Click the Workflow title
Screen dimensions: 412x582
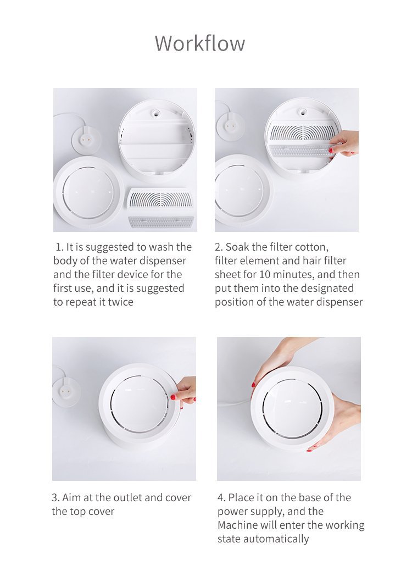coord(200,43)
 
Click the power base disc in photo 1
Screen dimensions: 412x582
coord(86,141)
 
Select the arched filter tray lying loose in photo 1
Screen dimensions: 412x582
coord(160,201)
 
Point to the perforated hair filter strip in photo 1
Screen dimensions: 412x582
coord(161,221)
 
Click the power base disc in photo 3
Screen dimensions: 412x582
coord(66,393)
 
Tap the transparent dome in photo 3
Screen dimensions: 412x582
coord(139,403)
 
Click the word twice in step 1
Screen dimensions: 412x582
coord(121,302)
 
